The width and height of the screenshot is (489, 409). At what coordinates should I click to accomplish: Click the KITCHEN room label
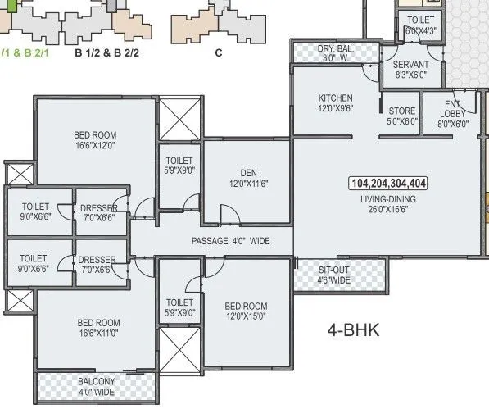pyautogui.click(x=335, y=98)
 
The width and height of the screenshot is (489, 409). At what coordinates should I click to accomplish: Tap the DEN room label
pyautogui.click(x=246, y=173)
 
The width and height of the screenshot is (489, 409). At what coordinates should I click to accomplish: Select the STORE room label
pyautogui.click(x=402, y=111)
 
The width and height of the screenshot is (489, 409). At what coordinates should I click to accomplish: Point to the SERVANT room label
pyautogui.click(x=410, y=65)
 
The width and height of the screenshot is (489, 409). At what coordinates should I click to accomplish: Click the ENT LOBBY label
pyautogui.click(x=452, y=109)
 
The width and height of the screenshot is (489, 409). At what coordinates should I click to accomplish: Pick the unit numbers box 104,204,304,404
pyautogui.click(x=387, y=183)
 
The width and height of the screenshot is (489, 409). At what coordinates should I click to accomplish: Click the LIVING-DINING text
pyautogui.click(x=387, y=198)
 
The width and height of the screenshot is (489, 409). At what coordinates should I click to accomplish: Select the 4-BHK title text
pyautogui.click(x=354, y=332)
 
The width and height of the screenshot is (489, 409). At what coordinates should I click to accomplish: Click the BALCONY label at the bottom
pyautogui.click(x=97, y=381)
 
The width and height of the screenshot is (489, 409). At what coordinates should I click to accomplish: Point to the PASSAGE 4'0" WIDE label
pyautogui.click(x=231, y=242)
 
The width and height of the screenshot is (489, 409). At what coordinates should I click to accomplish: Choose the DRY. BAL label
pyautogui.click(x=336, y=50)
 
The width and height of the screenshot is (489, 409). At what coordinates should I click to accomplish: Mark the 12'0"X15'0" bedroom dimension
pyautogui.click(x=246, y=316)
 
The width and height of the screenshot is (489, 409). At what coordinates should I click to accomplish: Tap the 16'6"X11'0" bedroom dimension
pyautogui.click(x=98, y=334)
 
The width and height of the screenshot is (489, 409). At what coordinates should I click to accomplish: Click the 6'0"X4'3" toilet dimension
pyautogui.click(x=420, y=31)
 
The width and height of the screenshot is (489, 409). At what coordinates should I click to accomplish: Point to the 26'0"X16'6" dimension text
pyautogui.click(x=387, y=210)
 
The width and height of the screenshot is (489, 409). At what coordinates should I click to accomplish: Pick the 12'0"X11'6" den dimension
pyautogui.click(x=246, y=184)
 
